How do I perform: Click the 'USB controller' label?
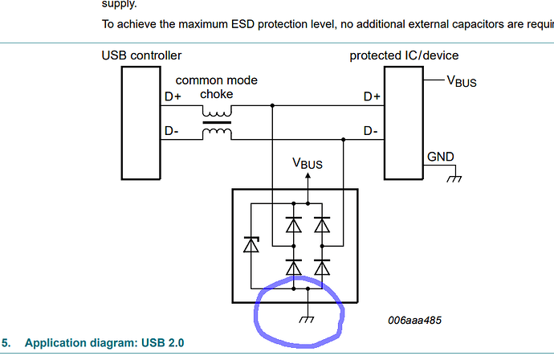click(x=141, y=55)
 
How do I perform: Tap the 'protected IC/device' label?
click(x=404, y=55)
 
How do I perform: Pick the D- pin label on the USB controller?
click(x=171, y=131)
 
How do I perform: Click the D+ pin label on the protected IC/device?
click(x=372, y=96)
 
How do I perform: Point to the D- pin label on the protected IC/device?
click(x=371, y=130)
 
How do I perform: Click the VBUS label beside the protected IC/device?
click(x=462, y=80)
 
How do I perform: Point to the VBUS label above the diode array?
click(x=308, y=163)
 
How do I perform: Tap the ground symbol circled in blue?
click(x=308, y=319)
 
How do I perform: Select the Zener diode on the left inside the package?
click(x=251, y=245)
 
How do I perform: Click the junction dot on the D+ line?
click(x=273, y=105)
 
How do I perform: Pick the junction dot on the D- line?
click(x=343, y=139)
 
